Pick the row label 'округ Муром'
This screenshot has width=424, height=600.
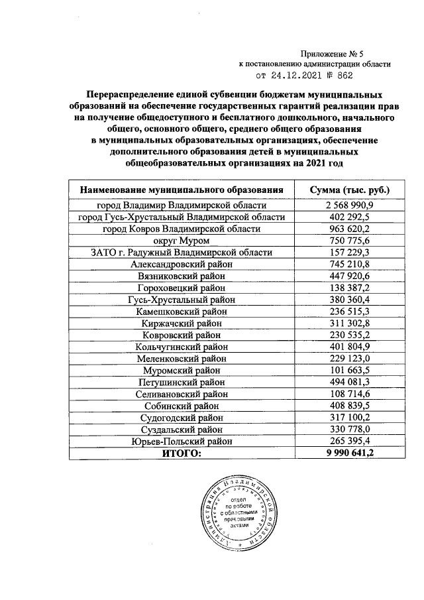tap(182, 240)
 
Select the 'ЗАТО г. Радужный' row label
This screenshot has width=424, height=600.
tap(182, 252)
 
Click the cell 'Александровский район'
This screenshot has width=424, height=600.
tap(182, 264)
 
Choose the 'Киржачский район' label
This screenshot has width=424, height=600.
tap(182, 323)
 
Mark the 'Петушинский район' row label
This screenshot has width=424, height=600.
tap(182, 382)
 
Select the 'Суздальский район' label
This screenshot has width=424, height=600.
tap(182, 430)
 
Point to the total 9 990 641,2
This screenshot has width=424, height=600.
tap(350, 453)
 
